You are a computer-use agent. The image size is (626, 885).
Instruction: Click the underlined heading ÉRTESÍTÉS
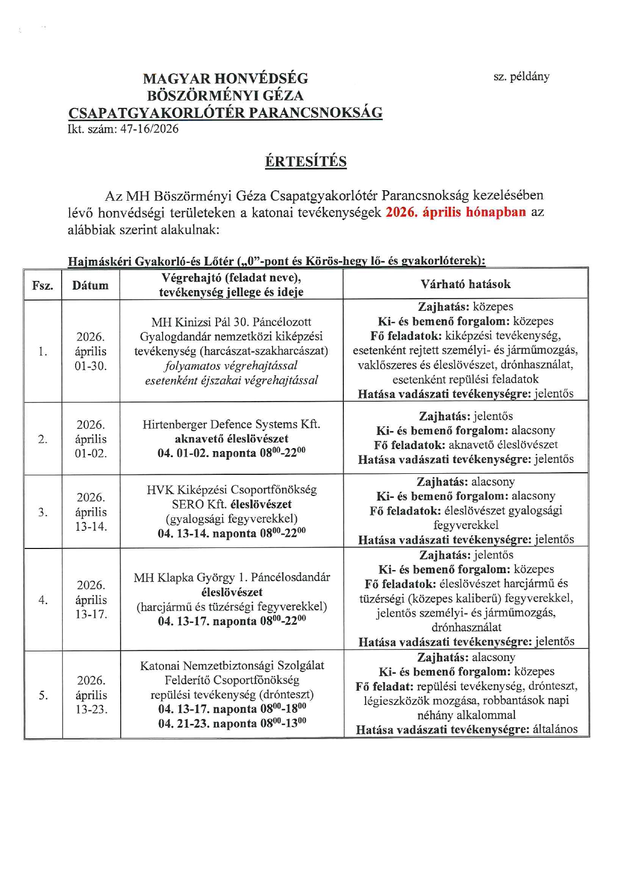tap(305, 161)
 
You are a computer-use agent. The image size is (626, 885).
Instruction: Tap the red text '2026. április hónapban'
tap(455, 212)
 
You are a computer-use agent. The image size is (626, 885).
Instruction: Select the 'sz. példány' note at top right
tap(521, 77)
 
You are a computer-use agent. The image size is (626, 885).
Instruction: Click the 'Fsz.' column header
tap(42, 286)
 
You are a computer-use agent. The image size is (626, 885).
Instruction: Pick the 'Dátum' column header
tap(90, 286)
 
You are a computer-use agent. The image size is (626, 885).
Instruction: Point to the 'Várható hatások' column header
tap(465, 284)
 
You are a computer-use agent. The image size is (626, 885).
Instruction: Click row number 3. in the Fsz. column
tap(42, 512)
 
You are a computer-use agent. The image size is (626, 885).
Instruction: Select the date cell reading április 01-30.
tap(91, 351)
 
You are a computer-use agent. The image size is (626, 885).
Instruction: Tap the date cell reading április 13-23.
tap(91, 695)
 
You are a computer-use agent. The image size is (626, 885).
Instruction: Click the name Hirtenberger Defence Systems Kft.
tap(231, 424)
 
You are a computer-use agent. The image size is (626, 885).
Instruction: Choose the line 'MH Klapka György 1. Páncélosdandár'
tap(232, 577)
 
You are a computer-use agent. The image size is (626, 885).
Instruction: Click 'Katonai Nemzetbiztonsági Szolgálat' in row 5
tap(232, 666)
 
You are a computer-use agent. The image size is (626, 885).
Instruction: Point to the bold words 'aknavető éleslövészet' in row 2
tap(232, 439)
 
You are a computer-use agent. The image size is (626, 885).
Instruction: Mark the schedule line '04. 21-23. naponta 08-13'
tap(232, 724)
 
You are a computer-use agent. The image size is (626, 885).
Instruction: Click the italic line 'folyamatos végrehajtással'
tap(231, 366)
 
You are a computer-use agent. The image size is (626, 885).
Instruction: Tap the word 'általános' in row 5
tap(555, 730)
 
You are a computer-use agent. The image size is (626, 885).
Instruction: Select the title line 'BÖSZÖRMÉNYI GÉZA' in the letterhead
tap(225, 95)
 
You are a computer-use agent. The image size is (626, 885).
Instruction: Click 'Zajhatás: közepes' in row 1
tap(465, 307)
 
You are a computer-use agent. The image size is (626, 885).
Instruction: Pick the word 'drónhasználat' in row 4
tap(466, 627)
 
